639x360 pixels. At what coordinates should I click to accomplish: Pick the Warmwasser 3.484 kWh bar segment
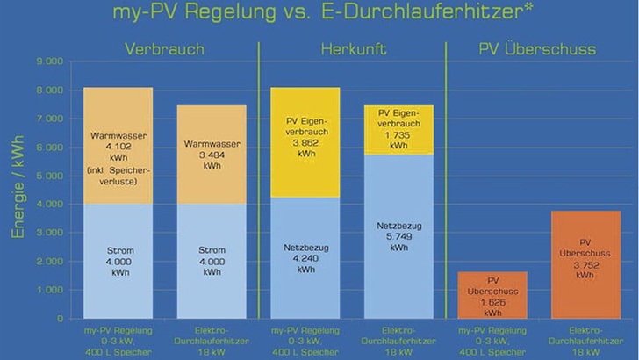coord(212,154)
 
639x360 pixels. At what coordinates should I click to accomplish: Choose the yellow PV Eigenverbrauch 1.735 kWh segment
coord(399,129)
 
